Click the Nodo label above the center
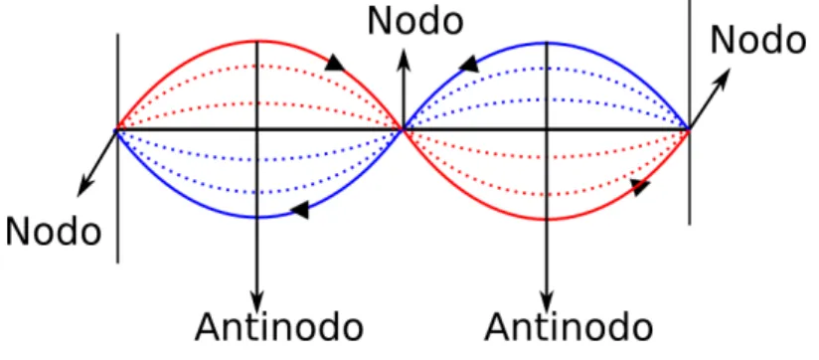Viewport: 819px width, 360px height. pos(415,22)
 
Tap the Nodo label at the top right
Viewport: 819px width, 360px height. pos(758,40)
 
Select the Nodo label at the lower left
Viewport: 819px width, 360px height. pos(54,232)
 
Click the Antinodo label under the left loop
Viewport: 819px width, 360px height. pos(279,327)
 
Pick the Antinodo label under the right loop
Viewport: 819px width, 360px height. pos(569,327)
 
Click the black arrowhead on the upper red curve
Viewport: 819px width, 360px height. pos(335,63)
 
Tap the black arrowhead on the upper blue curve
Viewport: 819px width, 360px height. pos(468,64)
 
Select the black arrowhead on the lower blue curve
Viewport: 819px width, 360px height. pos(300,210)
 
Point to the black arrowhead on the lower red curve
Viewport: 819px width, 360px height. pos(640,187)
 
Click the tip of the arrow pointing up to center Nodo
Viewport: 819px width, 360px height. pos(404,49)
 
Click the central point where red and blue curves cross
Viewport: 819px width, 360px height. pos(403,128)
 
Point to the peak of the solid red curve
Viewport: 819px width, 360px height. pos(256,41)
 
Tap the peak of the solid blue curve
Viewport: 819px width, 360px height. pos(547,43)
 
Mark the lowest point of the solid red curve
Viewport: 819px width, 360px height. pos(547,220)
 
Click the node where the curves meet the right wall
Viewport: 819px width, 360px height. pos(690,129)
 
